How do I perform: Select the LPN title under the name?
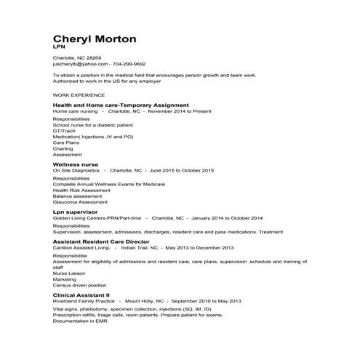click(x=59, y=47)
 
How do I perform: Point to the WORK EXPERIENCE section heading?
click(x=79, y=95)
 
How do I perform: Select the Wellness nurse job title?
click(x=76, y=164)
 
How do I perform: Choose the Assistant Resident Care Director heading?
click(x=101, y=241)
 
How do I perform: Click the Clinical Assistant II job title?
click(x=81, y=295)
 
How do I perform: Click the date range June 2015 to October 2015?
click(x=181, y=170)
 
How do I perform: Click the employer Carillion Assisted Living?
click(x=77, y=247)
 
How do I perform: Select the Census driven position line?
click(x=79, y=284)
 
